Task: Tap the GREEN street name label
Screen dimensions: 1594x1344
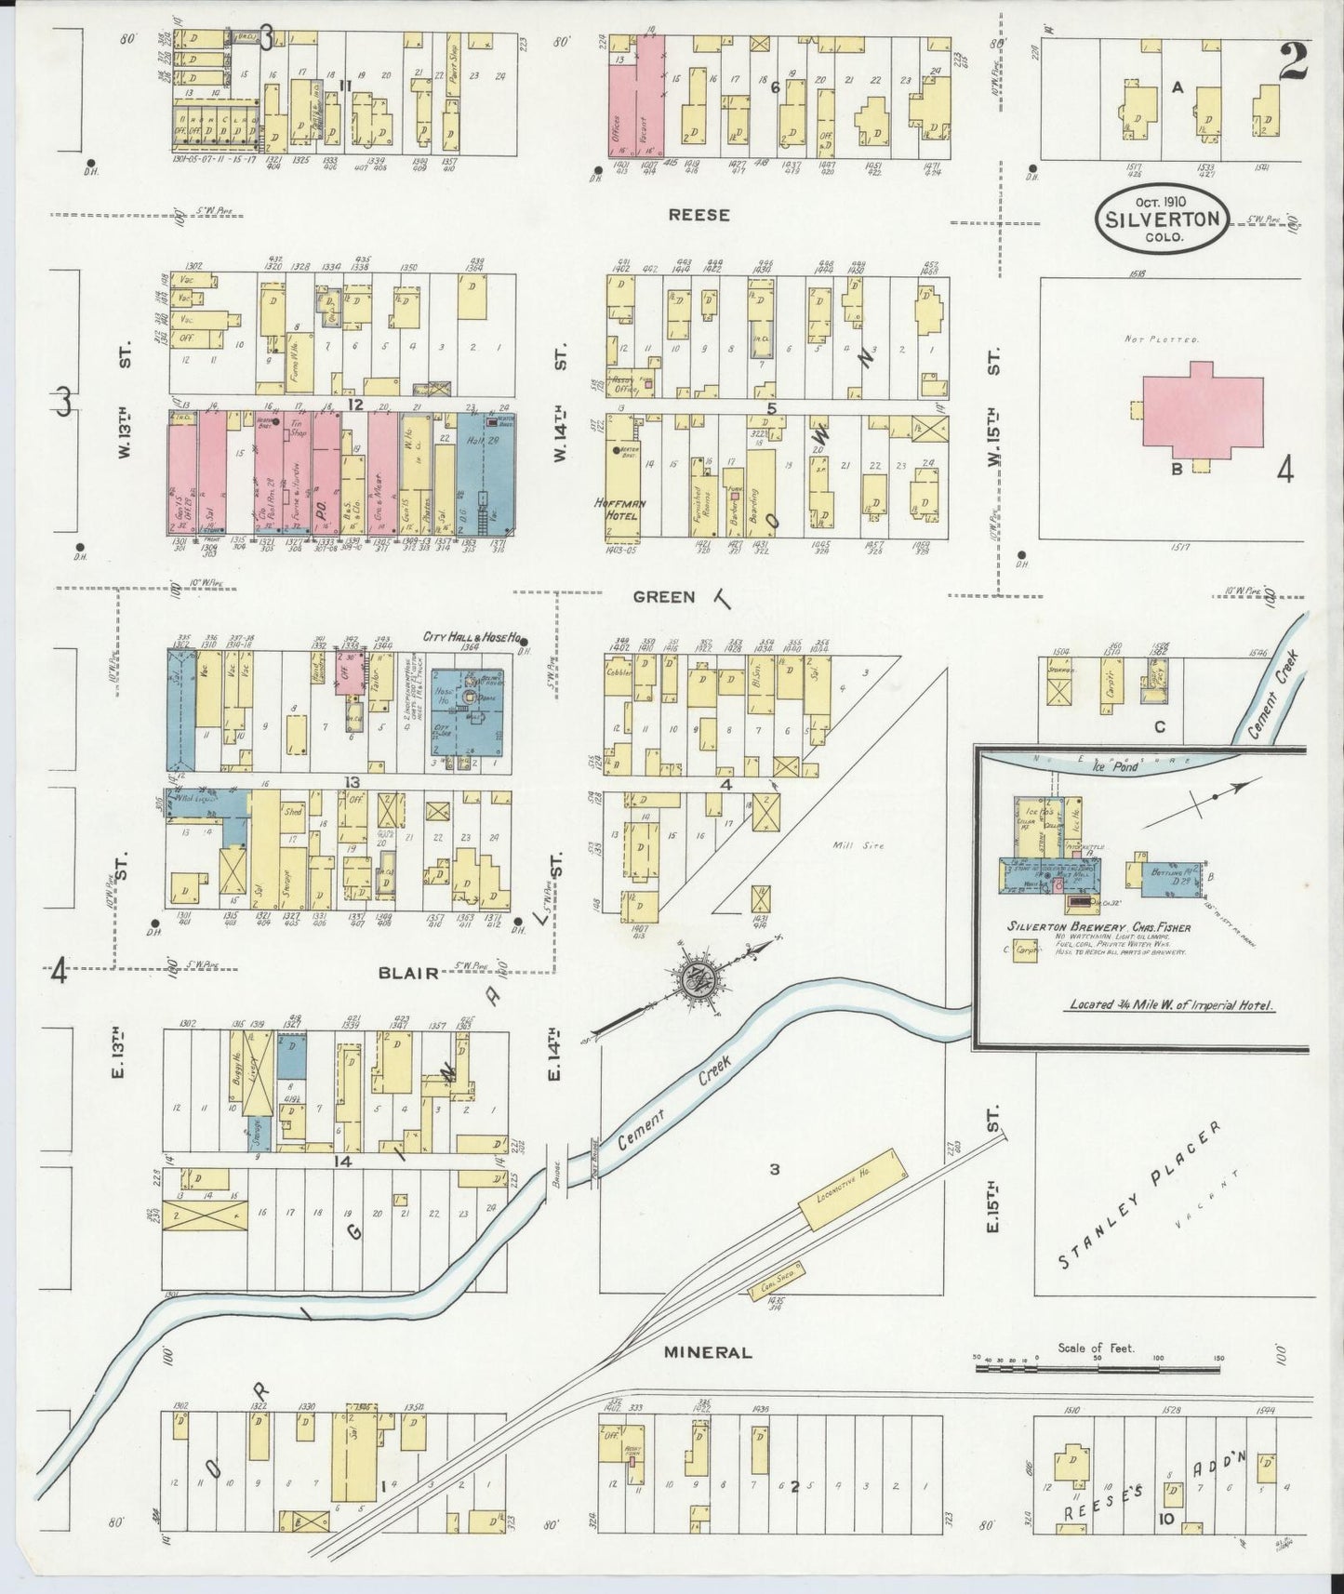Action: click(x=664, y=596)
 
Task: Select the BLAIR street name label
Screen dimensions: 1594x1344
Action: click(x=407, y=973)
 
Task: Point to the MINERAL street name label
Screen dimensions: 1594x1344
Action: click(x=707, y=1352)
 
